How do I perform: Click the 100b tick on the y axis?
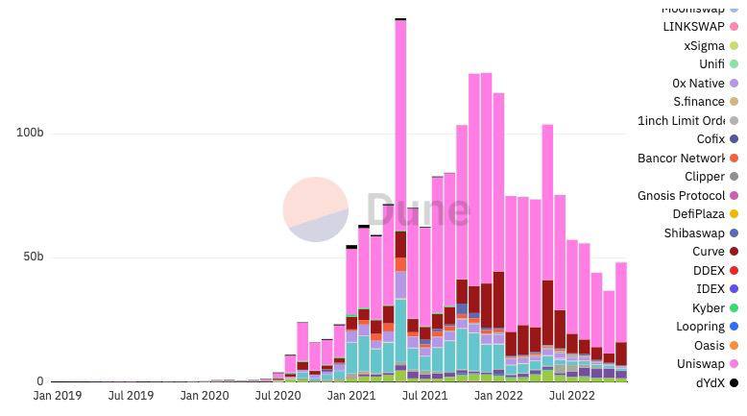pos(30,133)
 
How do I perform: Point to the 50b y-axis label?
pos(33,257)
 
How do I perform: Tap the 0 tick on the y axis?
pos(39,381)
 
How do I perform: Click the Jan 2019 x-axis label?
pos(57,395)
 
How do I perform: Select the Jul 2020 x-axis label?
pos(277,395)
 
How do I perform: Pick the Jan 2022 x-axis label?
pos(497,395)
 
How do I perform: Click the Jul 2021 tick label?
pos(423,395)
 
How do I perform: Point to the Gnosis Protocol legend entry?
pos(681,196)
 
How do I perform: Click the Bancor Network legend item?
pos(681,159)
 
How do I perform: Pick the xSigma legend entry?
pos(704,46)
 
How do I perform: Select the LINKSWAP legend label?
pos(693,27)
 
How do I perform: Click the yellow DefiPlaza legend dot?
pos(735,214)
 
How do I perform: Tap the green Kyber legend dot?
pos(735,308)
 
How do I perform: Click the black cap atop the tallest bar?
pos(400,18)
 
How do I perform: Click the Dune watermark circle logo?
pos(316,209)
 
